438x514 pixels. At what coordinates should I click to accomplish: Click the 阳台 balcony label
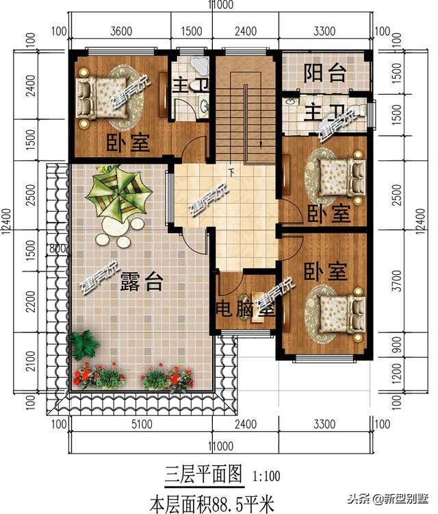pos(324,73)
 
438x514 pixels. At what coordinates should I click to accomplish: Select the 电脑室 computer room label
pos(246,309)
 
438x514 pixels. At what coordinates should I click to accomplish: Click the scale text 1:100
pos(266,475)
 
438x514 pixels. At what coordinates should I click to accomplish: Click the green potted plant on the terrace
pos(83,343)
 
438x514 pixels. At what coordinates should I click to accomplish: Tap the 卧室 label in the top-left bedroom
pos(128,143)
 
